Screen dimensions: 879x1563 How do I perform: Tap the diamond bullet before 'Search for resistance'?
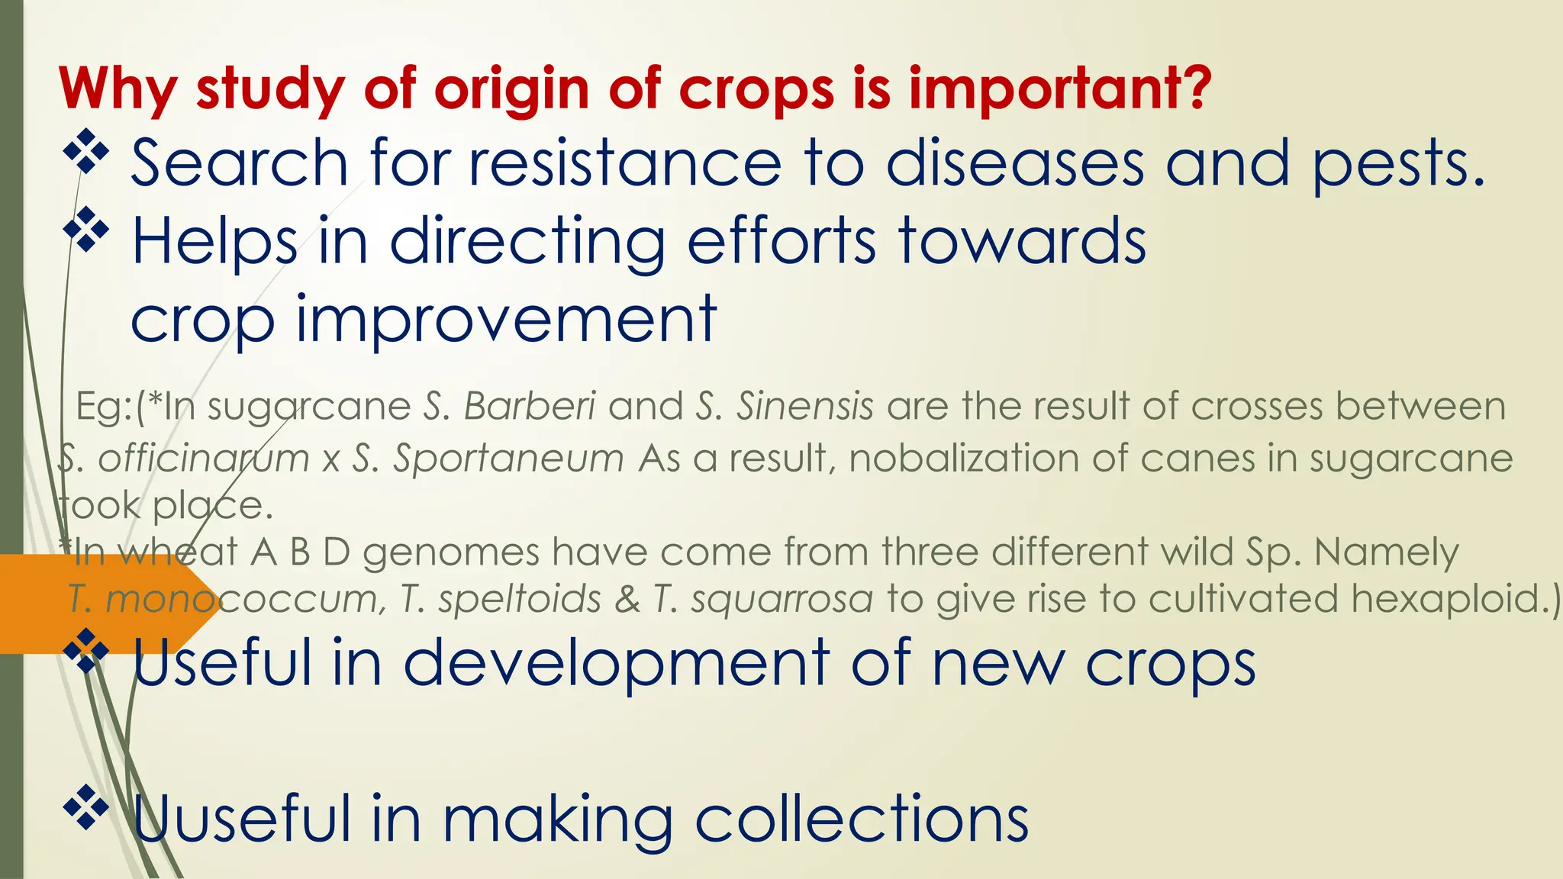85,151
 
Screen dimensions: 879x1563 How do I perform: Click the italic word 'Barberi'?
530,406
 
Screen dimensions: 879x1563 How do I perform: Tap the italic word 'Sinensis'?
804,406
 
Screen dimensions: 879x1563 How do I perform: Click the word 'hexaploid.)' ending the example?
1455,598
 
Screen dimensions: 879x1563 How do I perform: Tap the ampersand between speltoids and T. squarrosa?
627,598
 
